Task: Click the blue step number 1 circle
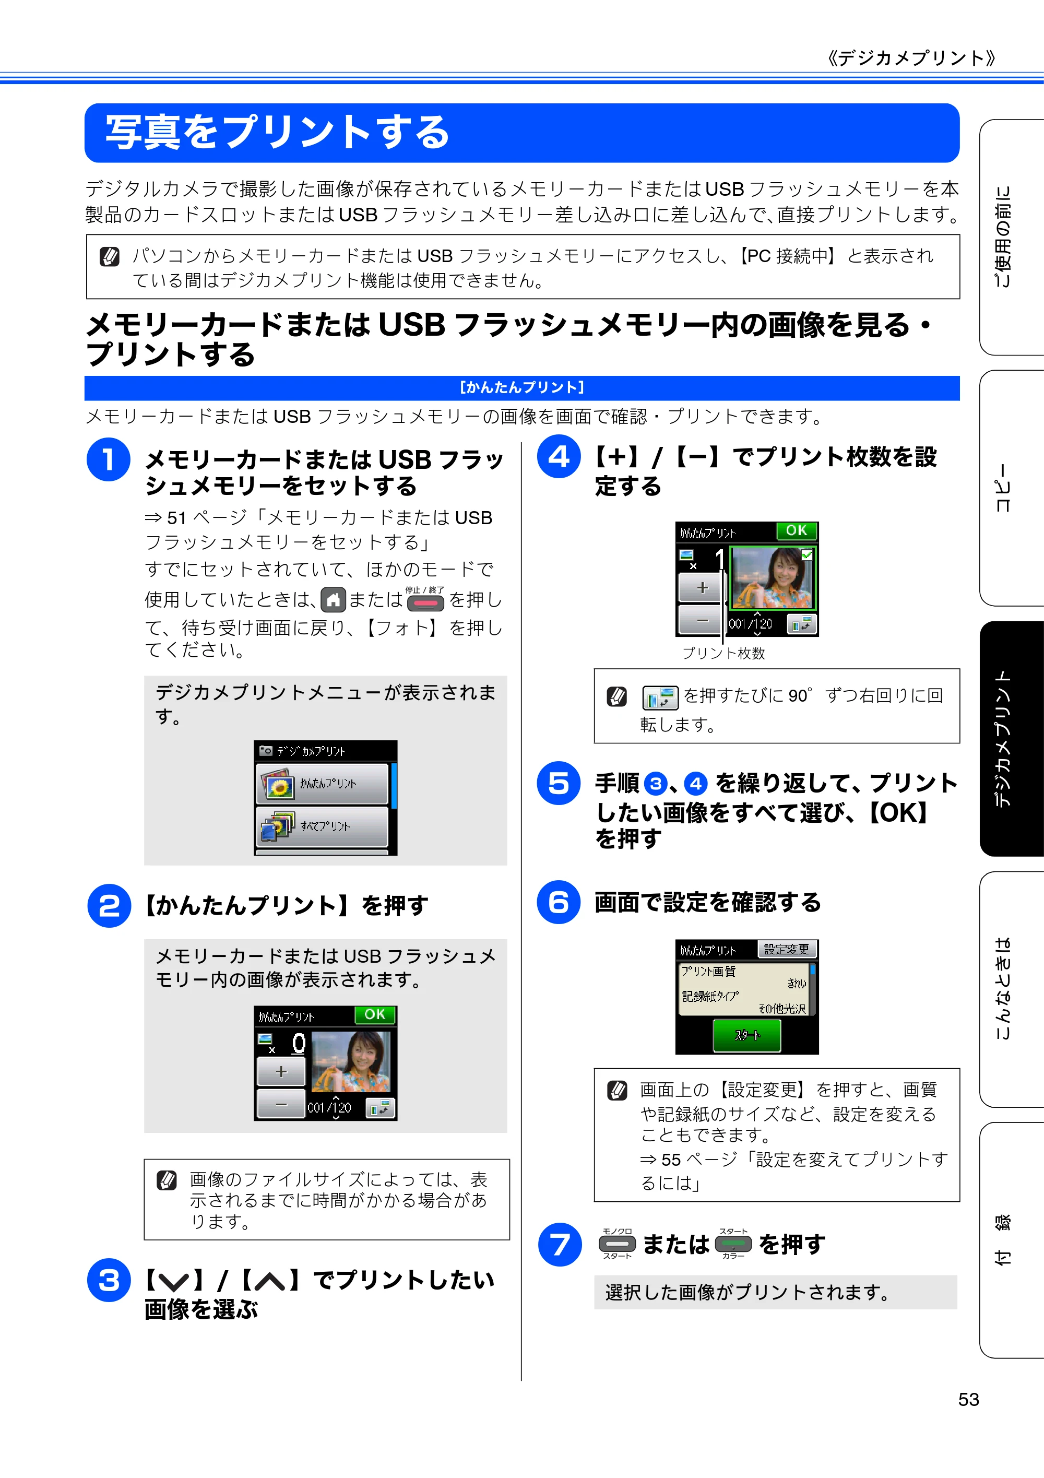tap(108, 459)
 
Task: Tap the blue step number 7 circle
tap(560, 1244)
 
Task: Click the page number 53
tap(968, 1400)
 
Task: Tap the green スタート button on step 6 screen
tap(746, 1035)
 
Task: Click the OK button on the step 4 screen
tap(796, 530)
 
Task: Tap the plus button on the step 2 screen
tap(281, 1072)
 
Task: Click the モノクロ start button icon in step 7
tap(617, 1244)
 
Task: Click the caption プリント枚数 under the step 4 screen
tap(723, 654)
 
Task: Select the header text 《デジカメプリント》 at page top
tap(911, 58)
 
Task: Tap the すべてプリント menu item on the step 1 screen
tap(322, 826)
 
